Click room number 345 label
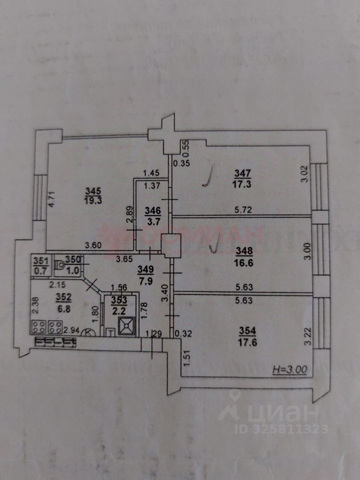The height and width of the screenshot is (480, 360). (x=92, y=190)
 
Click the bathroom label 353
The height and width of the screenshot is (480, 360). (x=119, y=300)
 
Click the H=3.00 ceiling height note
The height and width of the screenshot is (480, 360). (x=289, y=370)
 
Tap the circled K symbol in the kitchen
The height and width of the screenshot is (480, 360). (x=88, y=331)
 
